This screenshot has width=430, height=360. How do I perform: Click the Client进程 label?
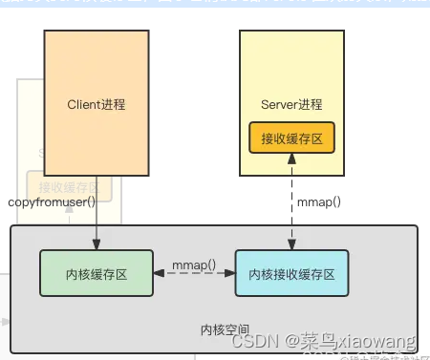(96, 103)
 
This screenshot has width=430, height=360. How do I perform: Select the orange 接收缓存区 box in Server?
(292, 138)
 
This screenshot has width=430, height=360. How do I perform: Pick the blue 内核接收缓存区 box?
(292, 273)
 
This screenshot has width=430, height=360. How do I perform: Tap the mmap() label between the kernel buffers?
(194, 264)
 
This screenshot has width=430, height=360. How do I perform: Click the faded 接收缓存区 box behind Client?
(69, 186)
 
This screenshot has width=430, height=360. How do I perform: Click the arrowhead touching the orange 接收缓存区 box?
(292, 159)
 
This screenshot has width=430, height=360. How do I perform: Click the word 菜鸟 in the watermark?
(308, 341)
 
